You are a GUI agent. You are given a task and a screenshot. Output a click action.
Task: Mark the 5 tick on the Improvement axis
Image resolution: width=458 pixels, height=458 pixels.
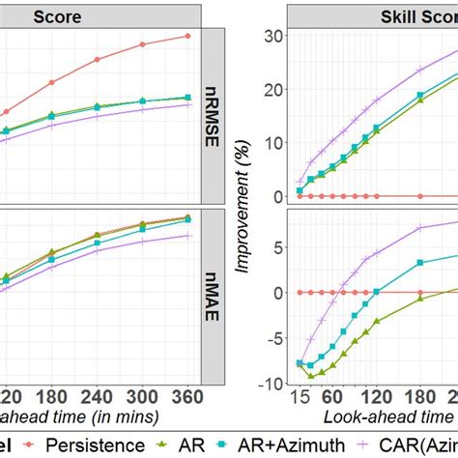(275, 247)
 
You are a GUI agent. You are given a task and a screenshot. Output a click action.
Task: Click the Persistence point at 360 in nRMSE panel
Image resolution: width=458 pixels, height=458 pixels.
(186, 36)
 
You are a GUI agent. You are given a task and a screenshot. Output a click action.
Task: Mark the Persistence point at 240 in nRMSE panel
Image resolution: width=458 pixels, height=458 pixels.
(97, 59)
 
